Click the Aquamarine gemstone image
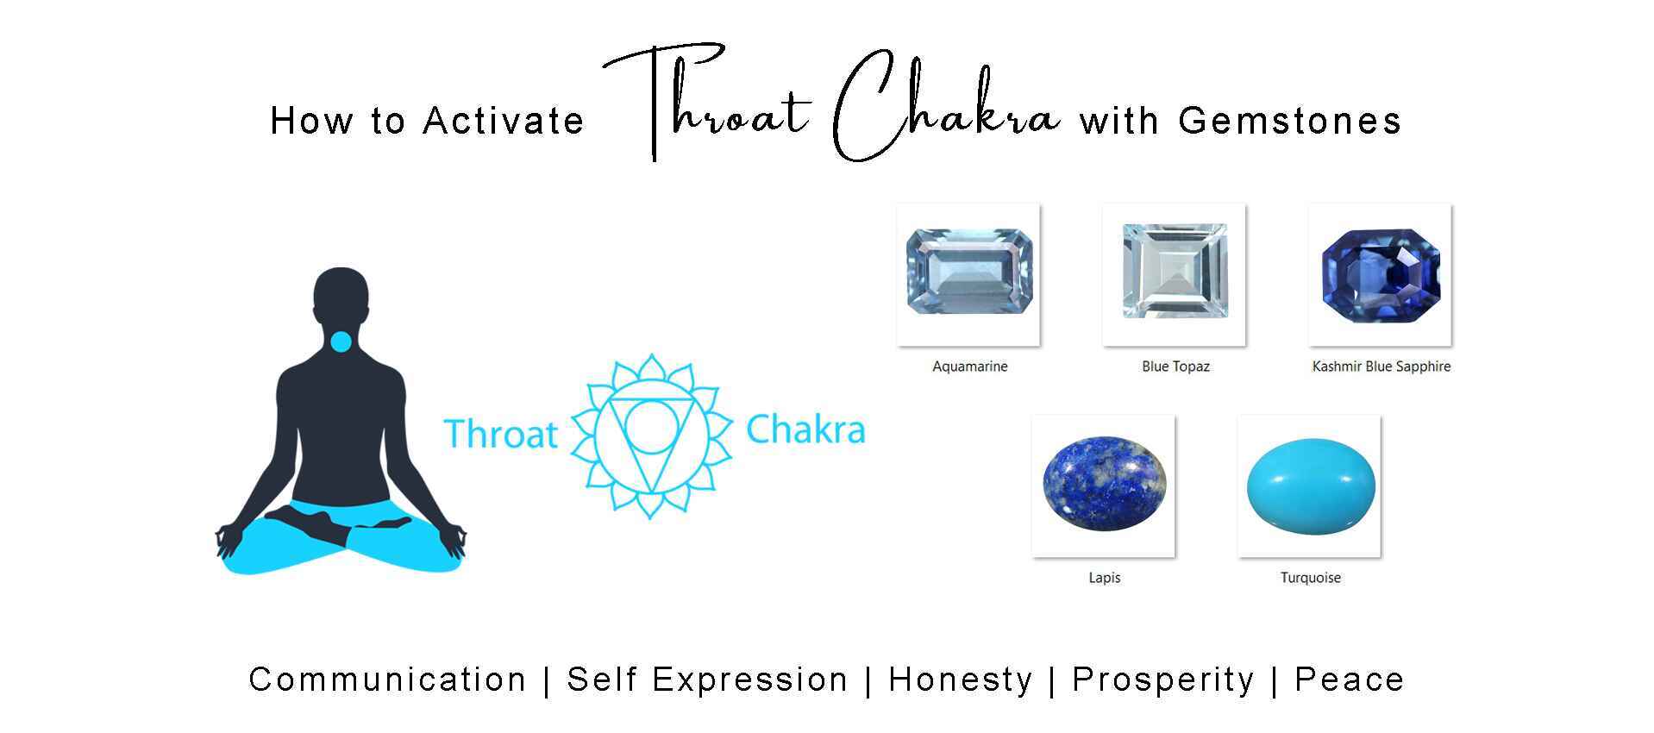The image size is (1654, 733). pos(968,272)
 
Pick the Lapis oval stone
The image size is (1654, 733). pos(1104,484)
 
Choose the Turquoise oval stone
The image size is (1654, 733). pos(1310,486)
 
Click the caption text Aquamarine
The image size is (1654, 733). pos(969,366)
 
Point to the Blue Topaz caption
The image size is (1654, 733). pos(1175,366)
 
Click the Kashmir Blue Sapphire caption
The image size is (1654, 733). pos(1381,366)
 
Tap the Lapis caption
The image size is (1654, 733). pos(1104,578)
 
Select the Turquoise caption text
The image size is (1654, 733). pos(1310,578)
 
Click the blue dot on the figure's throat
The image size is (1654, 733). pos(341,342)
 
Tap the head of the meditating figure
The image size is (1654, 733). pos(341,293)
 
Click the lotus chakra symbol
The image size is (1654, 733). pos(651,435)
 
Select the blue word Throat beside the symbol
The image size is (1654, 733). pos(500,434)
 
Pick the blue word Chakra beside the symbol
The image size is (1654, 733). pos(805,430)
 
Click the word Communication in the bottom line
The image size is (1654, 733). pos(387,680)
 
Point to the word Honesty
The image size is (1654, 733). pos(960,680)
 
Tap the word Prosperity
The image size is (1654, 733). pos(1162,680)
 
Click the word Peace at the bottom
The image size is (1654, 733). pos(1349,680)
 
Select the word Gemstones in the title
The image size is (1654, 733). pos(1289,121)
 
